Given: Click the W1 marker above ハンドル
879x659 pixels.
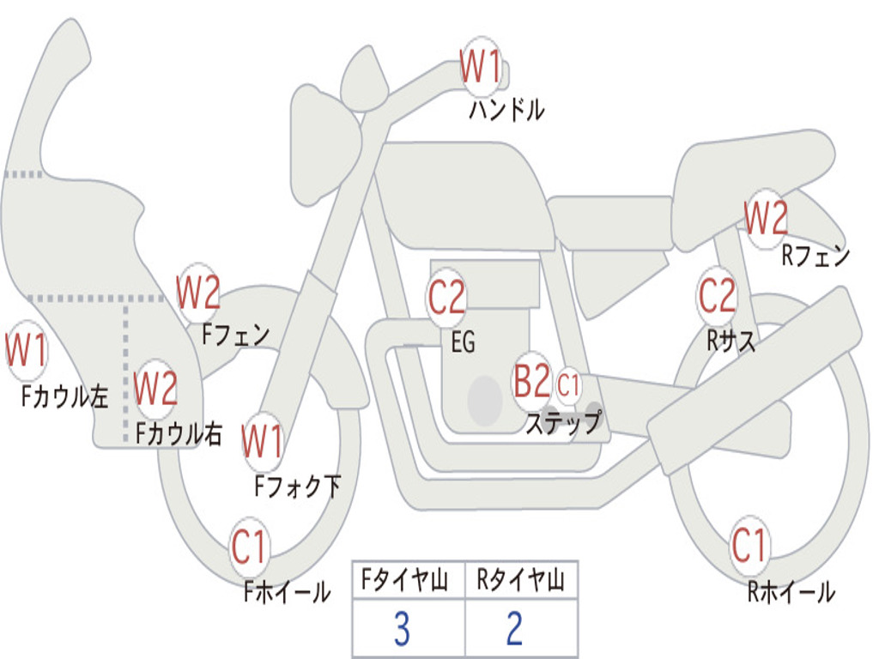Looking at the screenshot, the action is coord(481,67).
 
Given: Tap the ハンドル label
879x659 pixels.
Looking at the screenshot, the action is coord(506,110).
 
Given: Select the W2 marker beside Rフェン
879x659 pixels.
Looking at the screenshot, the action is coord(766,219).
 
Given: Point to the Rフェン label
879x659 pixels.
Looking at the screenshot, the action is coord(815,256).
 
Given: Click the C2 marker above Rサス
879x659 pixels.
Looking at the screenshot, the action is coord(717,295).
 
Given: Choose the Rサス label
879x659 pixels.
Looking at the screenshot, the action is coord(731,340).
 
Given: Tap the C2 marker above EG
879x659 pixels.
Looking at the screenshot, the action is coord(446,297).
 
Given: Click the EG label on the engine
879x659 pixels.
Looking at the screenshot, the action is coord(463,342).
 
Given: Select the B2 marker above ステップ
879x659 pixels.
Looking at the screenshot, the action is coord(532,381).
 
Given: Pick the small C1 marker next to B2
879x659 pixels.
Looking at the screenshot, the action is coord(568,385).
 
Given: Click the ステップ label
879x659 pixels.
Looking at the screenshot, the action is coord(564,422).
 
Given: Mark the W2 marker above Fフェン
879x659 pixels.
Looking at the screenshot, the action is coord(198,293).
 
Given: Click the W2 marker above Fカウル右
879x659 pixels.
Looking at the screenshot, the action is coord(156,389).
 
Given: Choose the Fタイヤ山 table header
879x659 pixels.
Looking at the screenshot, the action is coord(405,580).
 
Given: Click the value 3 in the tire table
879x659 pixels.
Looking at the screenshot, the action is coord(402,629).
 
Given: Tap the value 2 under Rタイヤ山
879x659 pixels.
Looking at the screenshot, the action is coord(515,629).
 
